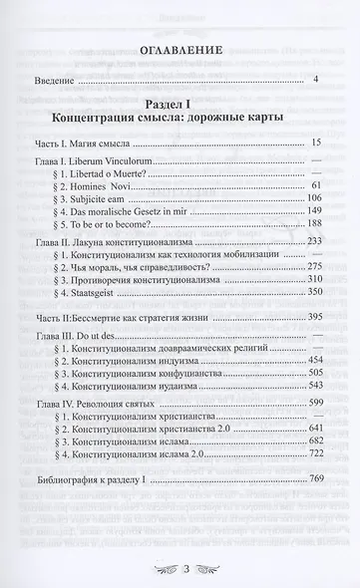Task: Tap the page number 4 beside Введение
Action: (x=314, y=80)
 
